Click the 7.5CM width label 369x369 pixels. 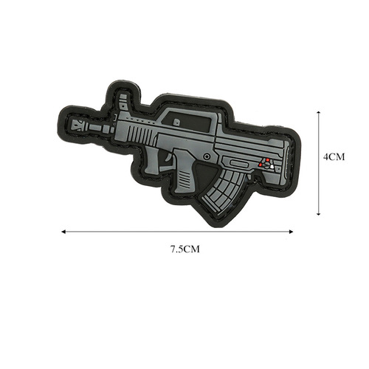pyautogui.click(x=184, y=249)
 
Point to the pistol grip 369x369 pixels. pyautogui.click(x=182, y=175)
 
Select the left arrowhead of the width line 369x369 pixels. pyautogui.click(x=64, y=231)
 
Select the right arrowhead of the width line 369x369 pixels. pyautogui.click(x=292, y=231)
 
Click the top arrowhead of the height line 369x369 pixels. pyautogui.click(x=317, y=113)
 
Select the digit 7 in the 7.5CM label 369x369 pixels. pyautogui.click(x=172, y=249)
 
